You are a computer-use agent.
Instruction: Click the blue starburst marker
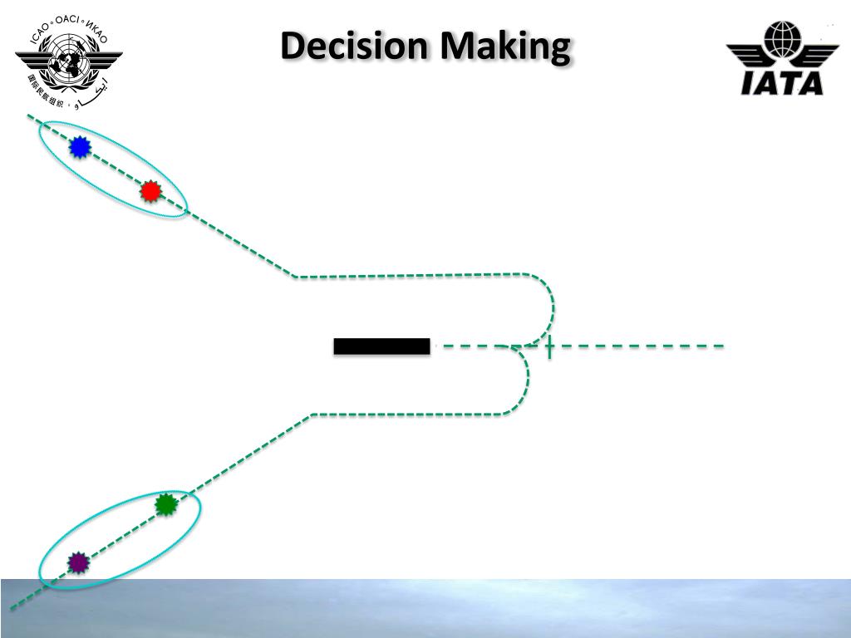coord(79,148)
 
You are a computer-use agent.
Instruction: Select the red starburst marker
coord(150,192)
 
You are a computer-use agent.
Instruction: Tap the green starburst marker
coord(166,504)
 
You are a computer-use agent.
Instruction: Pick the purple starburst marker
coord(78,562)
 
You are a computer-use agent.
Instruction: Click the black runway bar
coord(381,346)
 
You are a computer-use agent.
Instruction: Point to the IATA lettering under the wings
coord(781,82)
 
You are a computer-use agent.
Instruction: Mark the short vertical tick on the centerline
coord(549,346)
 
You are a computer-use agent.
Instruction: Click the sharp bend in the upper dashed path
coord(297,276)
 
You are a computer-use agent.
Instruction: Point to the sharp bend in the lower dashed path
coord(312,415)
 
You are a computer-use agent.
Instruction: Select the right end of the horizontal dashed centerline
coord(721,345)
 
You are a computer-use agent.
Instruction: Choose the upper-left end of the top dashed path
coord(30,117)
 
